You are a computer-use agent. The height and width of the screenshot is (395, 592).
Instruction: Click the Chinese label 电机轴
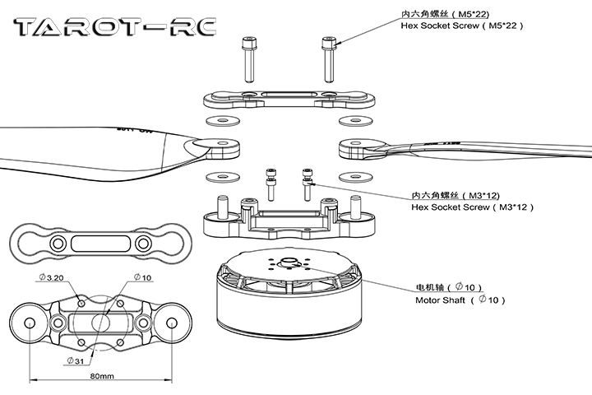pyautogui.click(x=432, y=288)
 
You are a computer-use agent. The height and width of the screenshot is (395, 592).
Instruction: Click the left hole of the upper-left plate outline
pyautogui.click(x=58, y=244)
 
